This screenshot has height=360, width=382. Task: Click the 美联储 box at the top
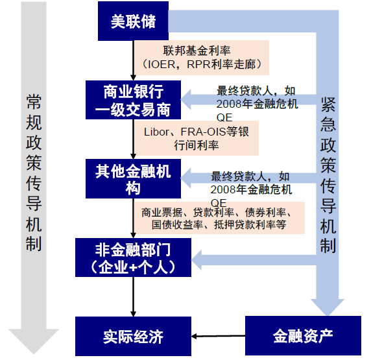(133, 21)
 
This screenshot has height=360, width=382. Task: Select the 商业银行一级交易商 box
(133, 100)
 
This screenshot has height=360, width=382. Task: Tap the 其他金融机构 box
(133, 179)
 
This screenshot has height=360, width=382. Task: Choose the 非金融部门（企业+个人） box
(133, 257)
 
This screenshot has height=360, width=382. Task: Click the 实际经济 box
(133, 336)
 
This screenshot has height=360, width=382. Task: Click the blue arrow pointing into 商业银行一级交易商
(195, 99)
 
